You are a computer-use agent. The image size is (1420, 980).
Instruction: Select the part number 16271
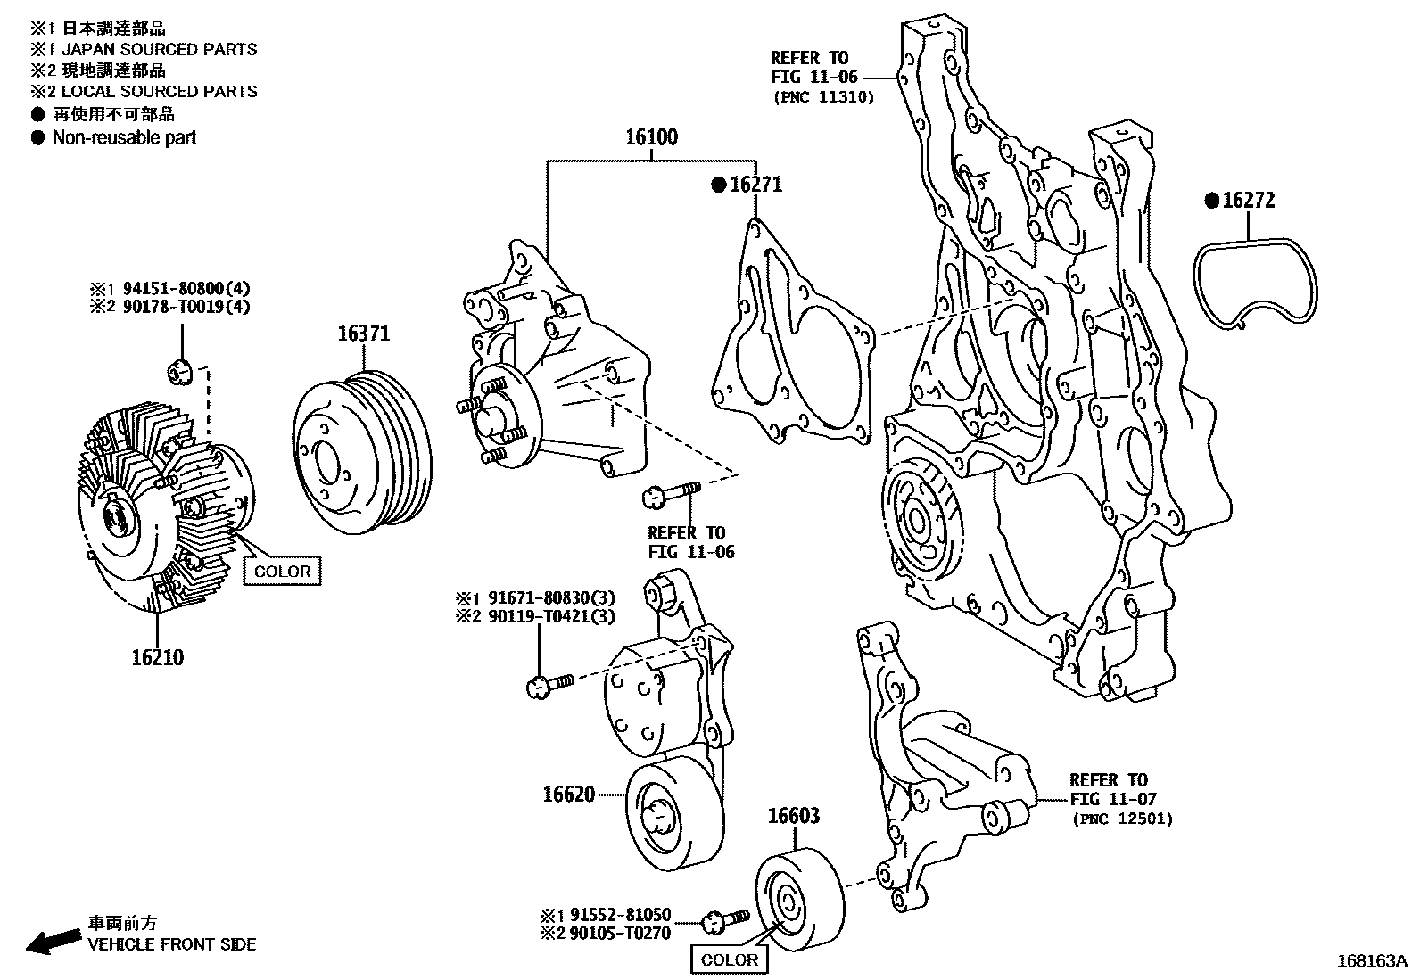pyautogui.click(x=755, y=185)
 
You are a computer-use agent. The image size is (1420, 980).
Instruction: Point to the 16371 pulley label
pyautogui.click(x=363, y=334)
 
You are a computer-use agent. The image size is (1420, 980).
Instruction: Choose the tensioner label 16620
pyautogui.click(x=568, y=793)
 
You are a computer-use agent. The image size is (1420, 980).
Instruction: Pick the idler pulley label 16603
pyautogui.click(x=794, y=815)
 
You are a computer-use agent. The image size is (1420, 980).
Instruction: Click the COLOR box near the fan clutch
pyautogui.click(x=283, y=572)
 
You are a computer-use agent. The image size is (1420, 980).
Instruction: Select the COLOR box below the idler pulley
pyautogui.click(x=730, y=959)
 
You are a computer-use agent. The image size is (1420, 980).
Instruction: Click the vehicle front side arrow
pyautogui.click(x=52, y=941)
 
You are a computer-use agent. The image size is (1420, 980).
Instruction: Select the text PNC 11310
pyautogui.click(x=822, y=97)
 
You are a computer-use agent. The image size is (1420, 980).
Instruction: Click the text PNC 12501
pyautogui.click(x=1121, y=819)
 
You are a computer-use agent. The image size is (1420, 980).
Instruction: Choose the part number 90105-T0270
pyautogui.click(x=619, y=933)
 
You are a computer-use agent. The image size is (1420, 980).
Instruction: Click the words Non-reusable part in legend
pyautogui.click(x=124, y=137)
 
